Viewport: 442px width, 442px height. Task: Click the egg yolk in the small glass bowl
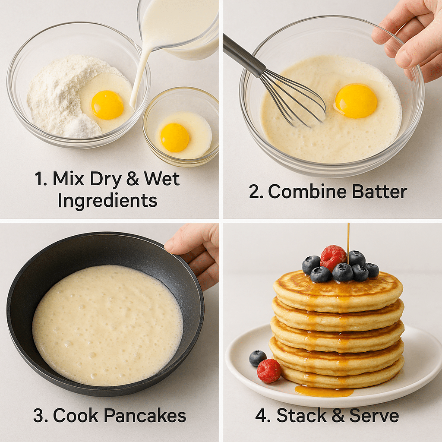[x=174, y=138]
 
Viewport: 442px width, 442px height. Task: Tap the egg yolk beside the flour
[x=107, y=105]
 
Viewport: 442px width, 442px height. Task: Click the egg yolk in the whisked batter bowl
[x=356, y=101]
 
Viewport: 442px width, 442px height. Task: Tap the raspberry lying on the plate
[x=269, y=371]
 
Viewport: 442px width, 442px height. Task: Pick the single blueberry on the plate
[x=258, y=358]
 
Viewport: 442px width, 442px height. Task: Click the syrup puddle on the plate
[x=324, y=391]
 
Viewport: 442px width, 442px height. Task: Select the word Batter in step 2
[x=379, y=192]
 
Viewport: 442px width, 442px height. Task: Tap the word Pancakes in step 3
[x=145, y=415]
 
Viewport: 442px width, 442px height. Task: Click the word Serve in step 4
[x=374, y=415]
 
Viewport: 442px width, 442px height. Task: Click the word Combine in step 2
[x=307, y=192]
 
